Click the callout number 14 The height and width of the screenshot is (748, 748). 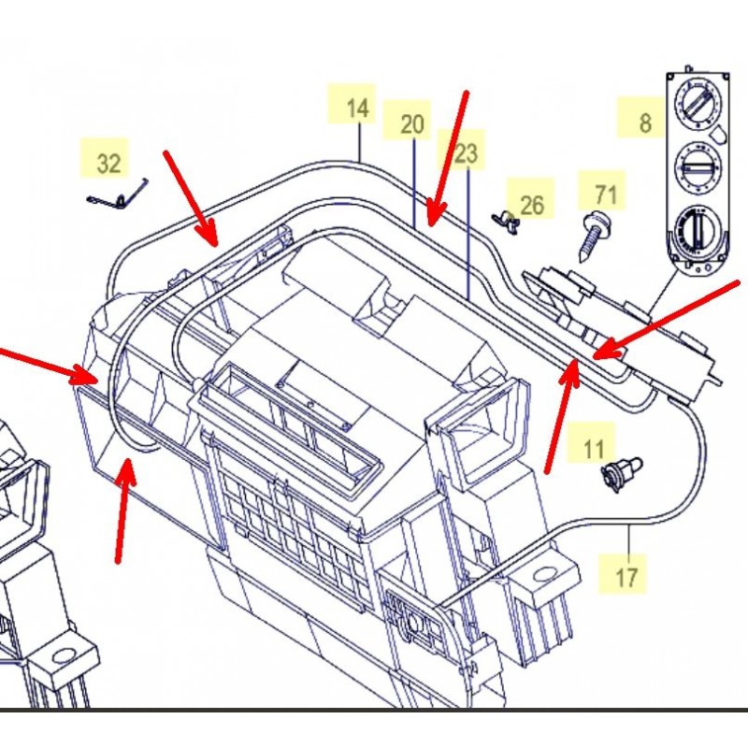point(357,108)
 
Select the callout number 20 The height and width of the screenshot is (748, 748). point(412,124)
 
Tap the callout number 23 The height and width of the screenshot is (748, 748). point(466,153)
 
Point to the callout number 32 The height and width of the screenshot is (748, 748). point(109,164)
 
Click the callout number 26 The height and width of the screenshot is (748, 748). point(532,204)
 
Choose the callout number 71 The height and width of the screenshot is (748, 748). point(606,194)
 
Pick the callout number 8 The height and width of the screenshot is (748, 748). point(644,122)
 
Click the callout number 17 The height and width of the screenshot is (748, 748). point(627,576)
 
